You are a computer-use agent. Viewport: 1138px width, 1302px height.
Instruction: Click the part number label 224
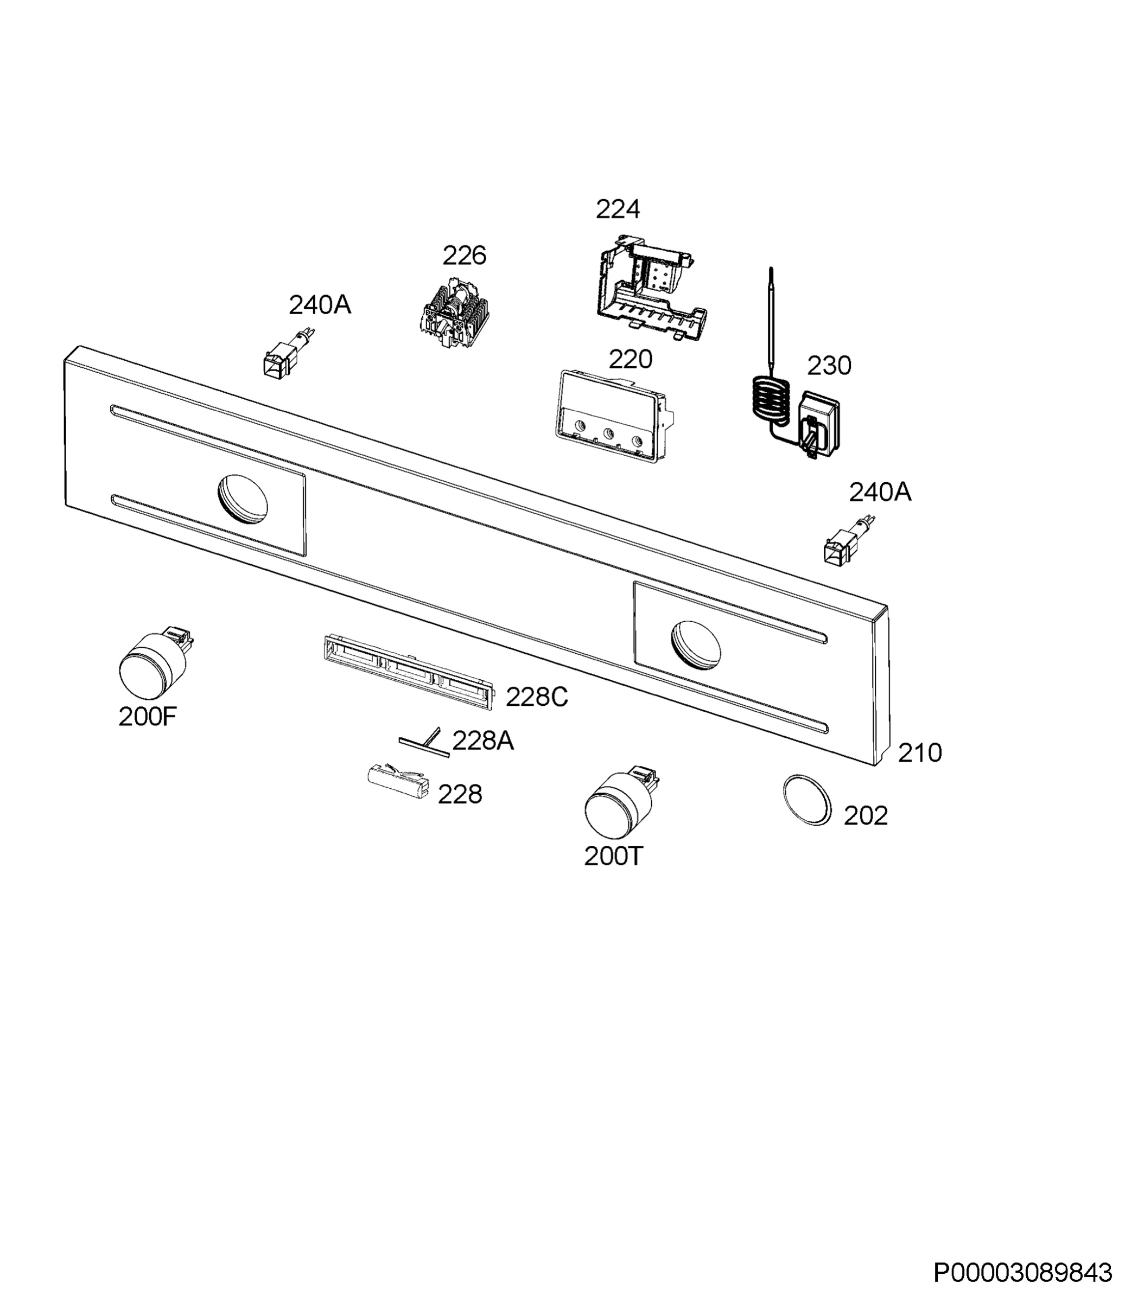617,209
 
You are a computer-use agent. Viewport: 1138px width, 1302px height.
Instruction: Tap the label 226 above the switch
464,256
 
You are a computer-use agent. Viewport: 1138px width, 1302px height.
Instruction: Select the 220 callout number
630,359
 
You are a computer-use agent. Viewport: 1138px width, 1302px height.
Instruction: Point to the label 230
829,366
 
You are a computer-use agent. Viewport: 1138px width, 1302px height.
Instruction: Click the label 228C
537,698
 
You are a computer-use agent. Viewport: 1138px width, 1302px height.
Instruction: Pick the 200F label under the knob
147,717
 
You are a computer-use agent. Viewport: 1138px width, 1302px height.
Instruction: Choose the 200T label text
613,857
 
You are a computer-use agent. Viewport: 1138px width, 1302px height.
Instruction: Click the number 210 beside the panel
919,753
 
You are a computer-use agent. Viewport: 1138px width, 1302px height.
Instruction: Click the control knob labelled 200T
619,803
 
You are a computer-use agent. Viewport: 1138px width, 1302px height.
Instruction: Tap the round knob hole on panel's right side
696,645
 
